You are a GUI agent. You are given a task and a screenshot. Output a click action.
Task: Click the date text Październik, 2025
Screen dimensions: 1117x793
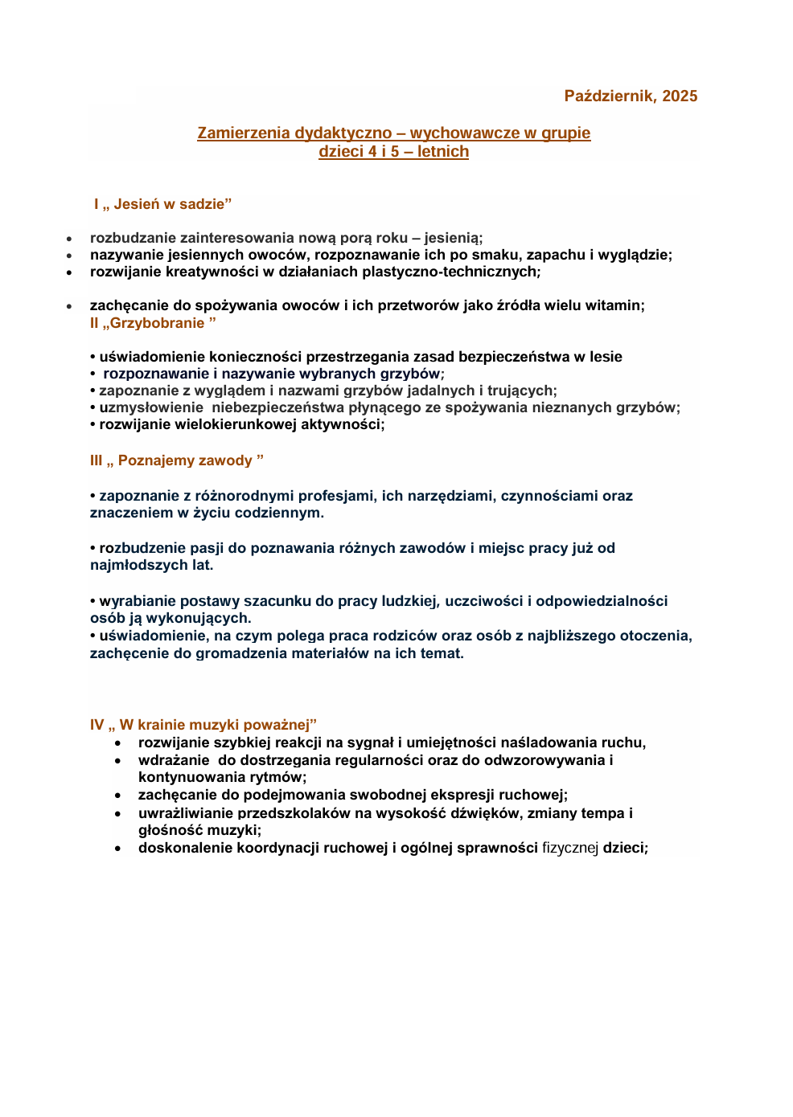[631, 96]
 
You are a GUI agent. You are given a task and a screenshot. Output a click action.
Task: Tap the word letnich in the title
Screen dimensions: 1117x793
[442, 152]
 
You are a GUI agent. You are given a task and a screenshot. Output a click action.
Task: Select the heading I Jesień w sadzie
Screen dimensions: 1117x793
[162, 204]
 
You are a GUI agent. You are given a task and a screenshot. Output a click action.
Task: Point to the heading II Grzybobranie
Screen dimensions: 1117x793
[153, 323]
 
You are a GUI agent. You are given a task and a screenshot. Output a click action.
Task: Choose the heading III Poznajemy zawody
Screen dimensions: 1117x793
[177, 460]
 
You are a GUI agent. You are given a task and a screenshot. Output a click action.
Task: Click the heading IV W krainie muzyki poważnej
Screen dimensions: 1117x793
[203, 725]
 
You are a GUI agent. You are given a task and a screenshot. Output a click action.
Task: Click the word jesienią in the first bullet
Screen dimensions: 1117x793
[454, 238]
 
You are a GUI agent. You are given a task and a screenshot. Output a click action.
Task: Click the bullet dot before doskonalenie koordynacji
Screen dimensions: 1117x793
[118, 849]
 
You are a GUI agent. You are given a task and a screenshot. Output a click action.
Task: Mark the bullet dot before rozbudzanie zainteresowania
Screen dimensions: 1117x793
[70, 239]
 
